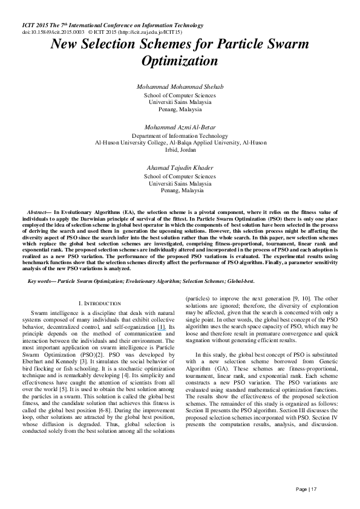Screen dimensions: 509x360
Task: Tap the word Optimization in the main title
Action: [180, 61]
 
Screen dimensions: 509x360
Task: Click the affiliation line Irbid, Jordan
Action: [180, 149]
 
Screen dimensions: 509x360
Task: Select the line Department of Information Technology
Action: [180, 136]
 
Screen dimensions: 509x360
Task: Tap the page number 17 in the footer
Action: [313, 488]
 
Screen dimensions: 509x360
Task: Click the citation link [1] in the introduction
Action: [161, 326]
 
